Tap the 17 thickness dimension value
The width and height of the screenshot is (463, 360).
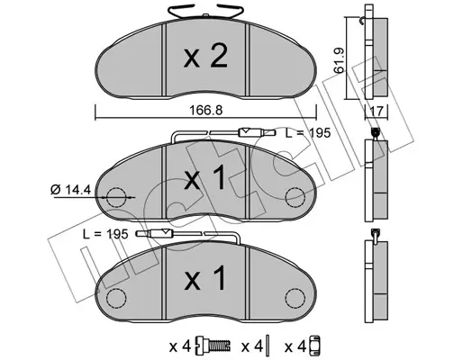pyautogui.click(x=377, y=112)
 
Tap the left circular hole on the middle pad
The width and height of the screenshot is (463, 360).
pyautogui.click(x=115, y=197)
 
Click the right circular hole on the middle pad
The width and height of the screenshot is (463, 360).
pyautogui.click(x=295, y=197)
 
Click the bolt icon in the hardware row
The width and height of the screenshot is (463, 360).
pyautogui.click(x=214, y=345)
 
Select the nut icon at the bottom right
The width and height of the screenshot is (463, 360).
pyautogui.click(x=315, y=345)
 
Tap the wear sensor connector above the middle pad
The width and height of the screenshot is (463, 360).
pyautogui.click(x=249, y=133)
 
